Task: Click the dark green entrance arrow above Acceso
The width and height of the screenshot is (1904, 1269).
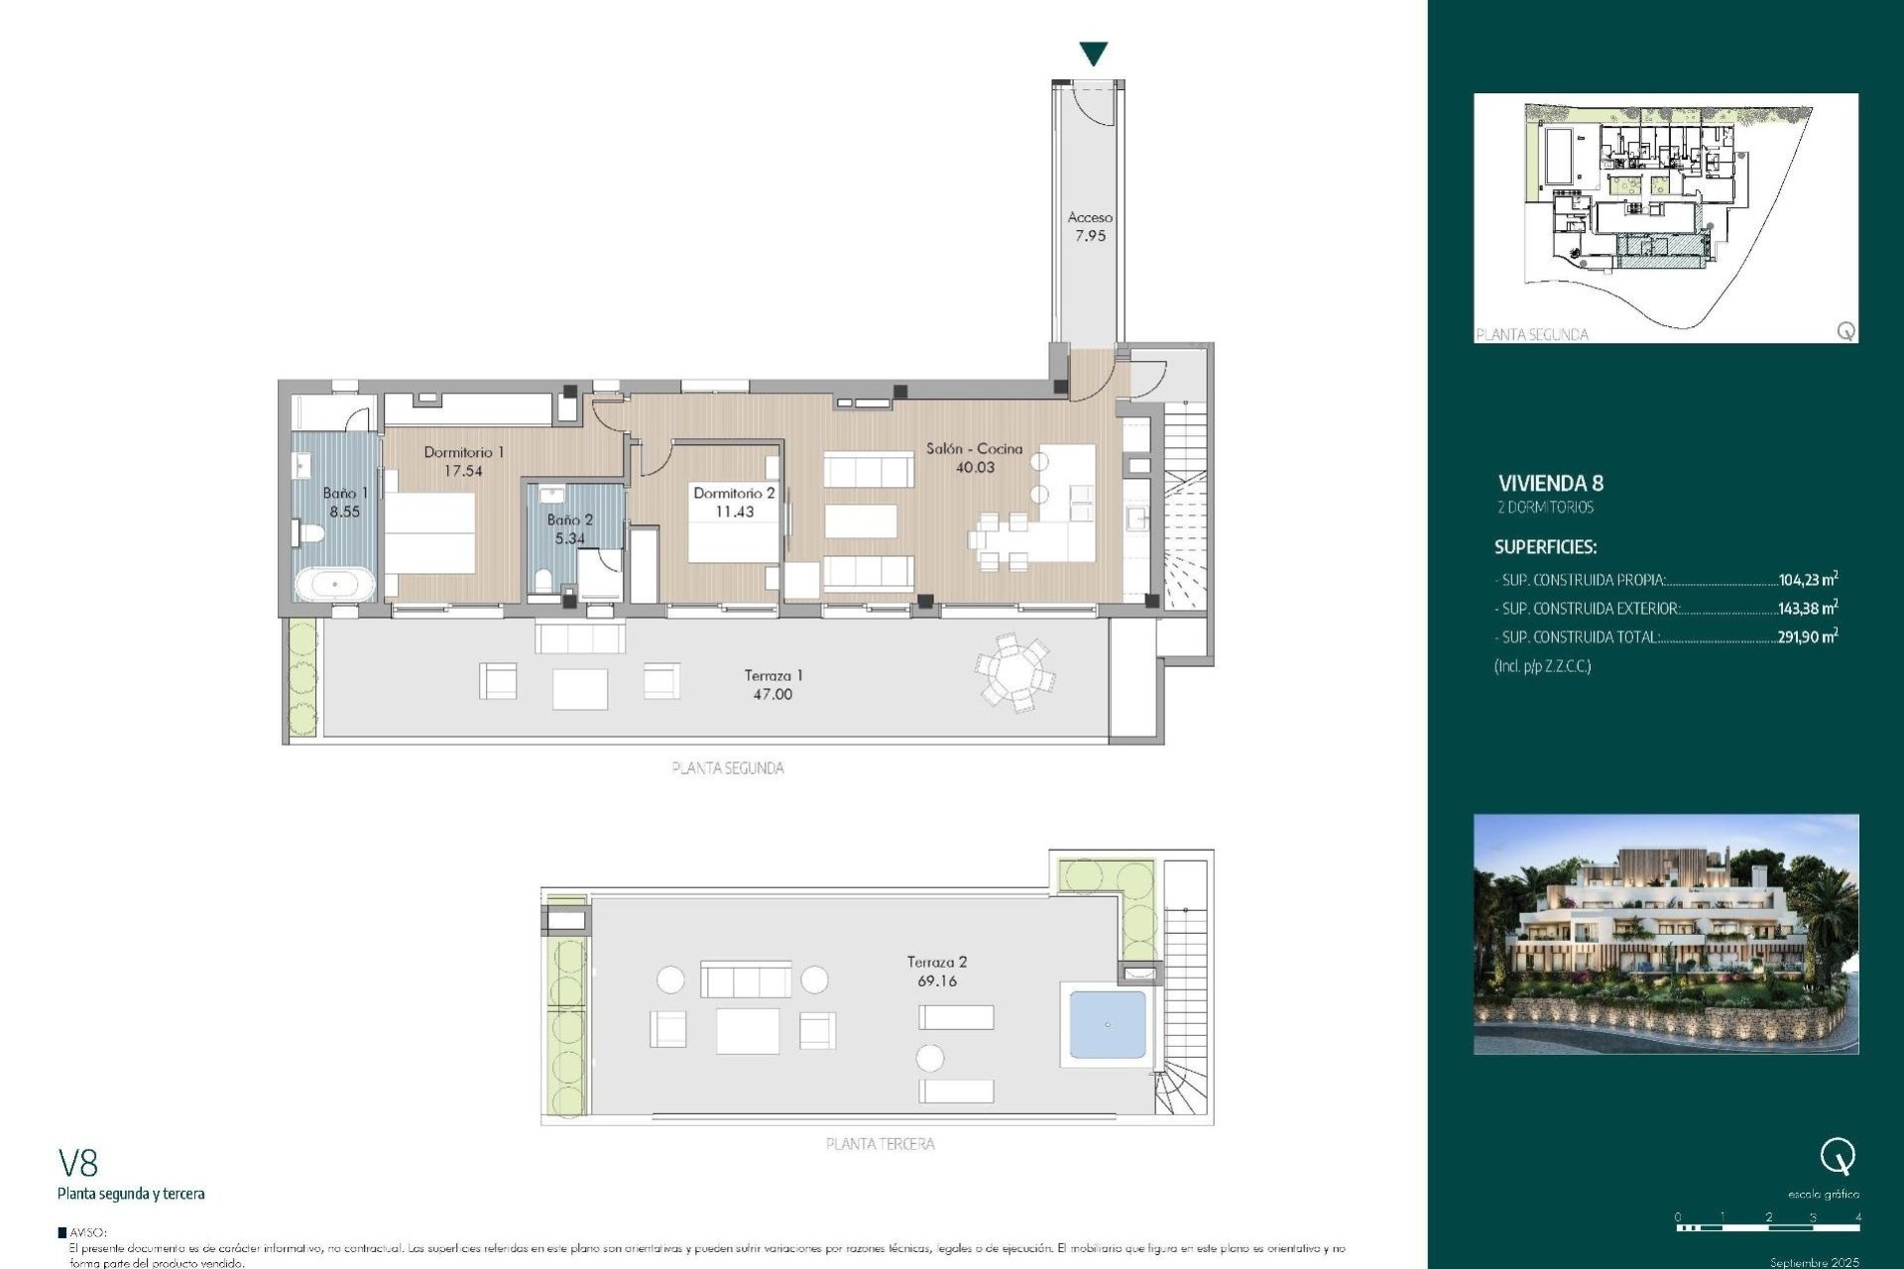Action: click(x=1093, y=54)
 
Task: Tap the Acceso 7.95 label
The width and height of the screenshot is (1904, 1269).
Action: click(x=1090, y=226)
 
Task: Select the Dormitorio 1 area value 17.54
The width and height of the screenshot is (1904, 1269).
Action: click(x=463, y=471)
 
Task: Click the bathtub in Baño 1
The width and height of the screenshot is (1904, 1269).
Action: click(x=335, y=584)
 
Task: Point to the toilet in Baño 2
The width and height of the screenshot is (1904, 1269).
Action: click(x=542, y=580)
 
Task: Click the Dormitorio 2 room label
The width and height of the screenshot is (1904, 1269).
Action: click(x=734, y=493)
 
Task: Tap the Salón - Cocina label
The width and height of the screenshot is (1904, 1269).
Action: click(x=974, y=448)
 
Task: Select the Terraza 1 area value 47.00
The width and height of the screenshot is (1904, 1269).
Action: click(x=773, y=694)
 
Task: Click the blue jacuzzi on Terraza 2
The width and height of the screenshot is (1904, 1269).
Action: click(x=1107, y=1024)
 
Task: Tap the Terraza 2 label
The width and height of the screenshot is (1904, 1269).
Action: click(x=936, y=962)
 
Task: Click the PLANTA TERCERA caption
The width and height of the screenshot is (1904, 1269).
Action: click(x=880, y=1143)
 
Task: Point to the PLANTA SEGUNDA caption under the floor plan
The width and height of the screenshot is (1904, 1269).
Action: click(x=728, y=767)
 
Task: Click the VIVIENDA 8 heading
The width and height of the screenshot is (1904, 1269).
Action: click(x=1550, y=483)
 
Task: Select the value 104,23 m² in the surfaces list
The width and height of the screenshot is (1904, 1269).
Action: click(x=1807, y=580)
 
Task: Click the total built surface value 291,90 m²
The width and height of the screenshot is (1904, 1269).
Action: click(x=1807, y=636)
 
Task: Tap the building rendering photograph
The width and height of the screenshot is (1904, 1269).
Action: click(x=1665, y=934)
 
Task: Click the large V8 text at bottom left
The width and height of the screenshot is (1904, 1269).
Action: click(x=78, y=1162)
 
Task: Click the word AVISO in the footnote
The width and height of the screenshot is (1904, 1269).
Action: click(x=87, y=1232)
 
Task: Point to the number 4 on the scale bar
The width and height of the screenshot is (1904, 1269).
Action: click(x=1857, y=1216)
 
